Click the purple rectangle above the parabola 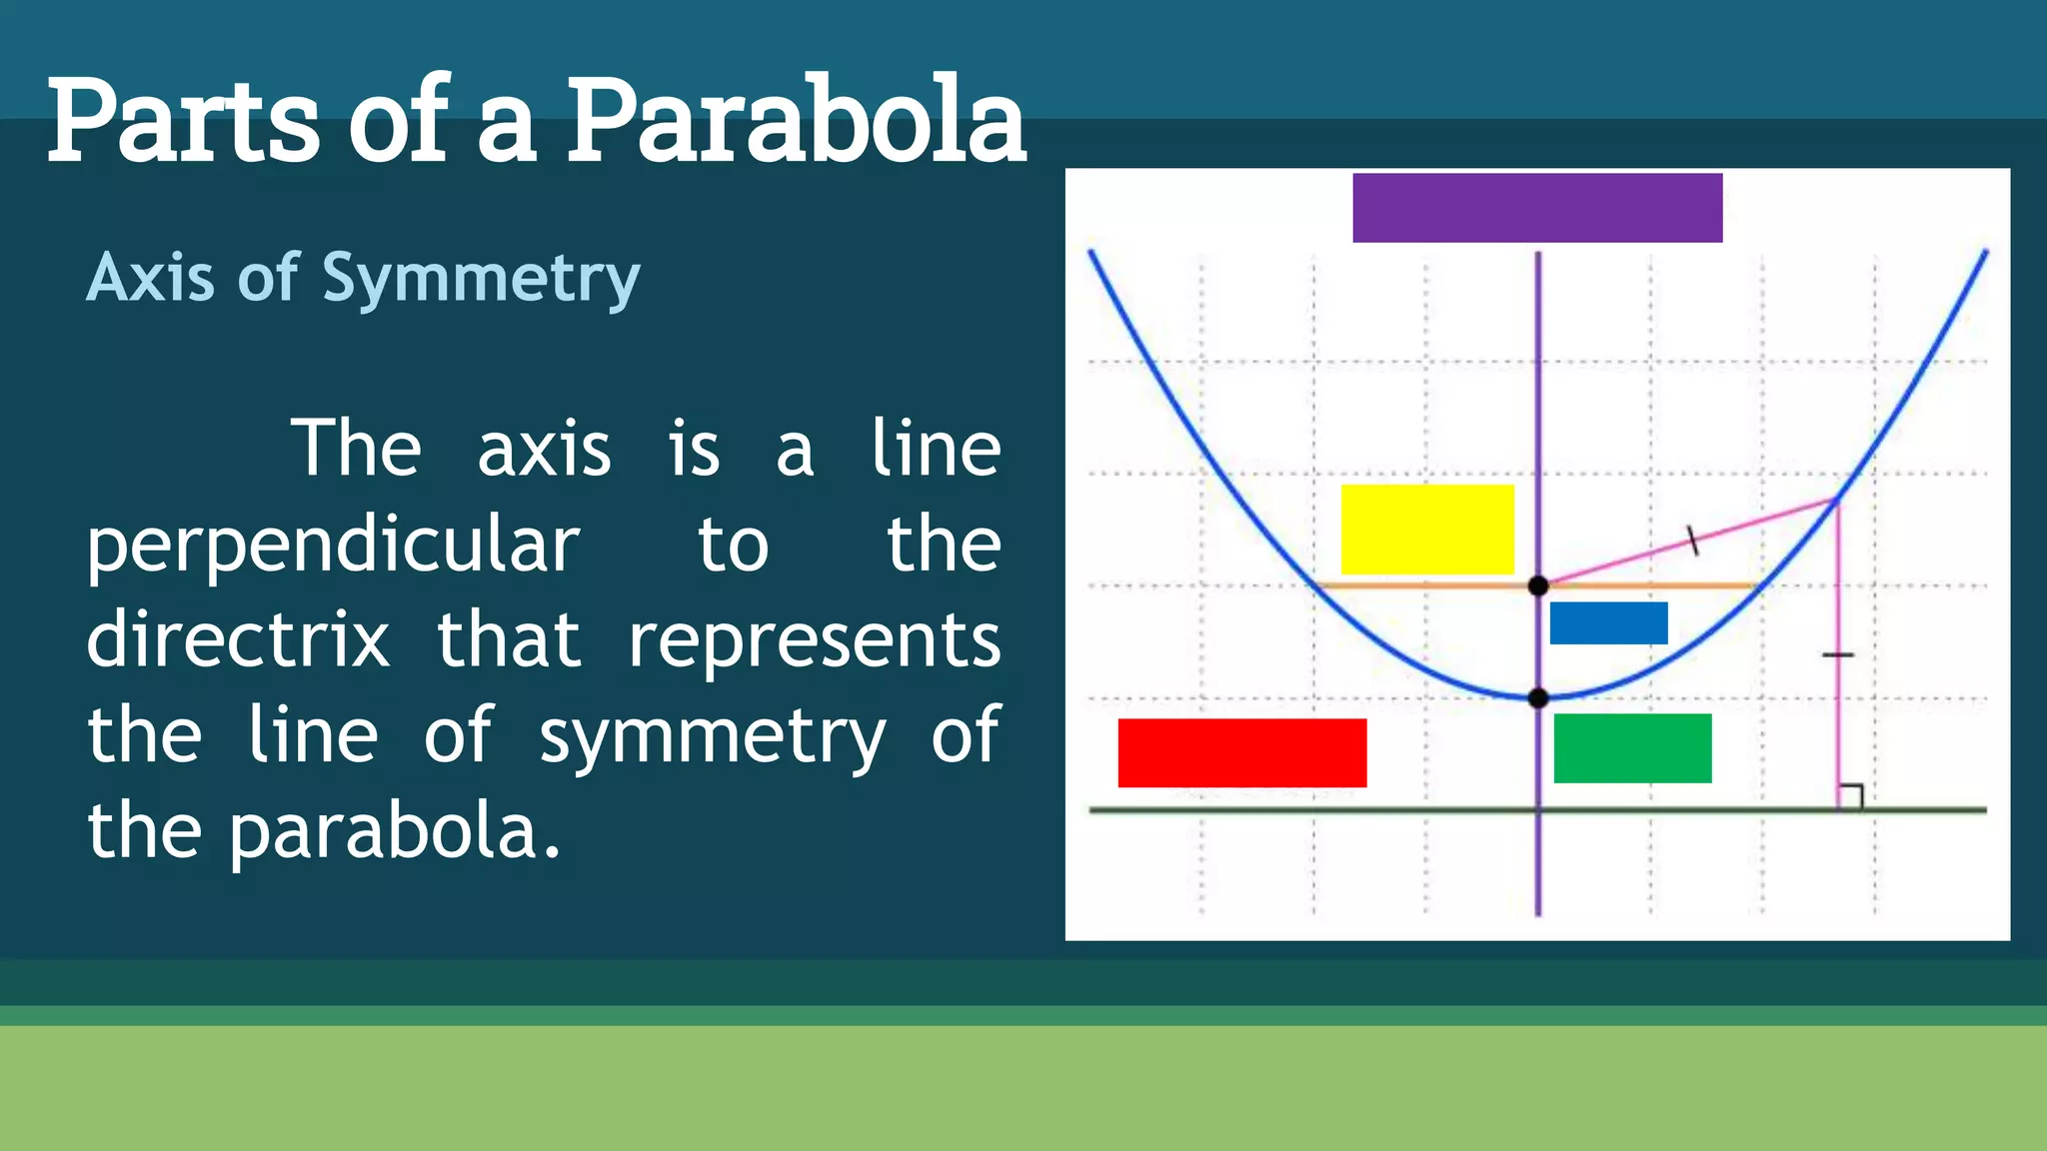click(x=1537, y=208)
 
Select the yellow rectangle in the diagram click(x=1427, y=530)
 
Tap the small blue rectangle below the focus click(x=1608, y=623)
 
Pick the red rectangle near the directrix click(x=1241, y=752)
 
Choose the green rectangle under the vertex click(x=1632, y=748)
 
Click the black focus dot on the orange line click(x=1538, y=585)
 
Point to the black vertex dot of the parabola click(x=1538, y=697)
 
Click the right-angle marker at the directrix click(x=1850, y=796)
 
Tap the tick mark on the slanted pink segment click(x=1692, y=541)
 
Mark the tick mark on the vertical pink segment click(x=1838, y=655)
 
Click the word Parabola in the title click(x=797, y=122)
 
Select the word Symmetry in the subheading click(x=481, y=278)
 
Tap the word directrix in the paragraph click(x=238, y=640)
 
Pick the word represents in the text click(x=814, y=640)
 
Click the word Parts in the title click(x=183, y=122)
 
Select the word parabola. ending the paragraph click(x=395, y=831)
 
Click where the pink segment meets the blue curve click(x=1837, y=500)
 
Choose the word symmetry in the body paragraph click(x=712, y=737)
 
